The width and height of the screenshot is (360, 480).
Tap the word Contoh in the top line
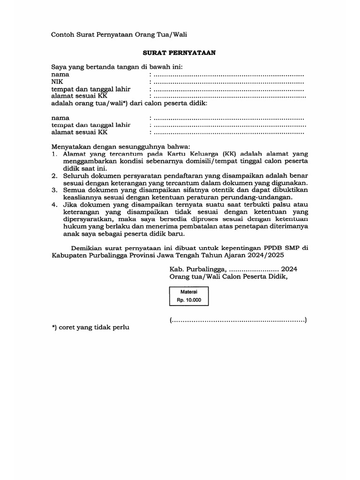coord(63,34)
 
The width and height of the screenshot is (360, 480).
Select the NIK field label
coord(58,82)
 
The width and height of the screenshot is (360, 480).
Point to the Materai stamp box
coord(189,296)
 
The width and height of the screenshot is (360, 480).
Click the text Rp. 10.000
coord(189,300)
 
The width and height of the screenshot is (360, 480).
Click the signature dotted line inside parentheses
coord(238,321)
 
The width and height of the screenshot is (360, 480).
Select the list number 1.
coord(54,154)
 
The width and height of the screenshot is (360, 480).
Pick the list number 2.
coord(54,175)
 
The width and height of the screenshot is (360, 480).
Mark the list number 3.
coord(54,190)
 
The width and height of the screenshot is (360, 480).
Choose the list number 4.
coord(54,204)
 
